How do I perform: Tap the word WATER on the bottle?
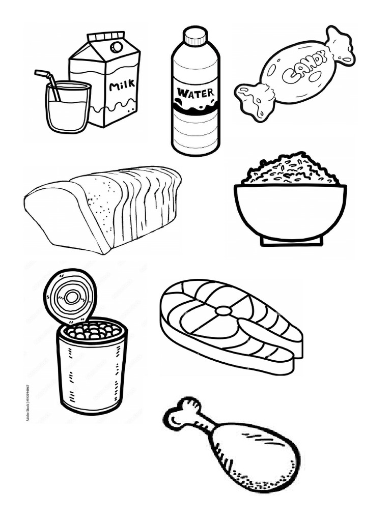pos(195,93)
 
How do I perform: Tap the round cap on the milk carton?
pos(117,47)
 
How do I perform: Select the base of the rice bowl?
pos(291,241)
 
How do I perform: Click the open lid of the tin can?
pos(70,295)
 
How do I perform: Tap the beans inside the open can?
pos(93,332)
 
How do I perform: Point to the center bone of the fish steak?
pos(223,310)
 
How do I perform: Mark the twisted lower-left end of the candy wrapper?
pos(253,99)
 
